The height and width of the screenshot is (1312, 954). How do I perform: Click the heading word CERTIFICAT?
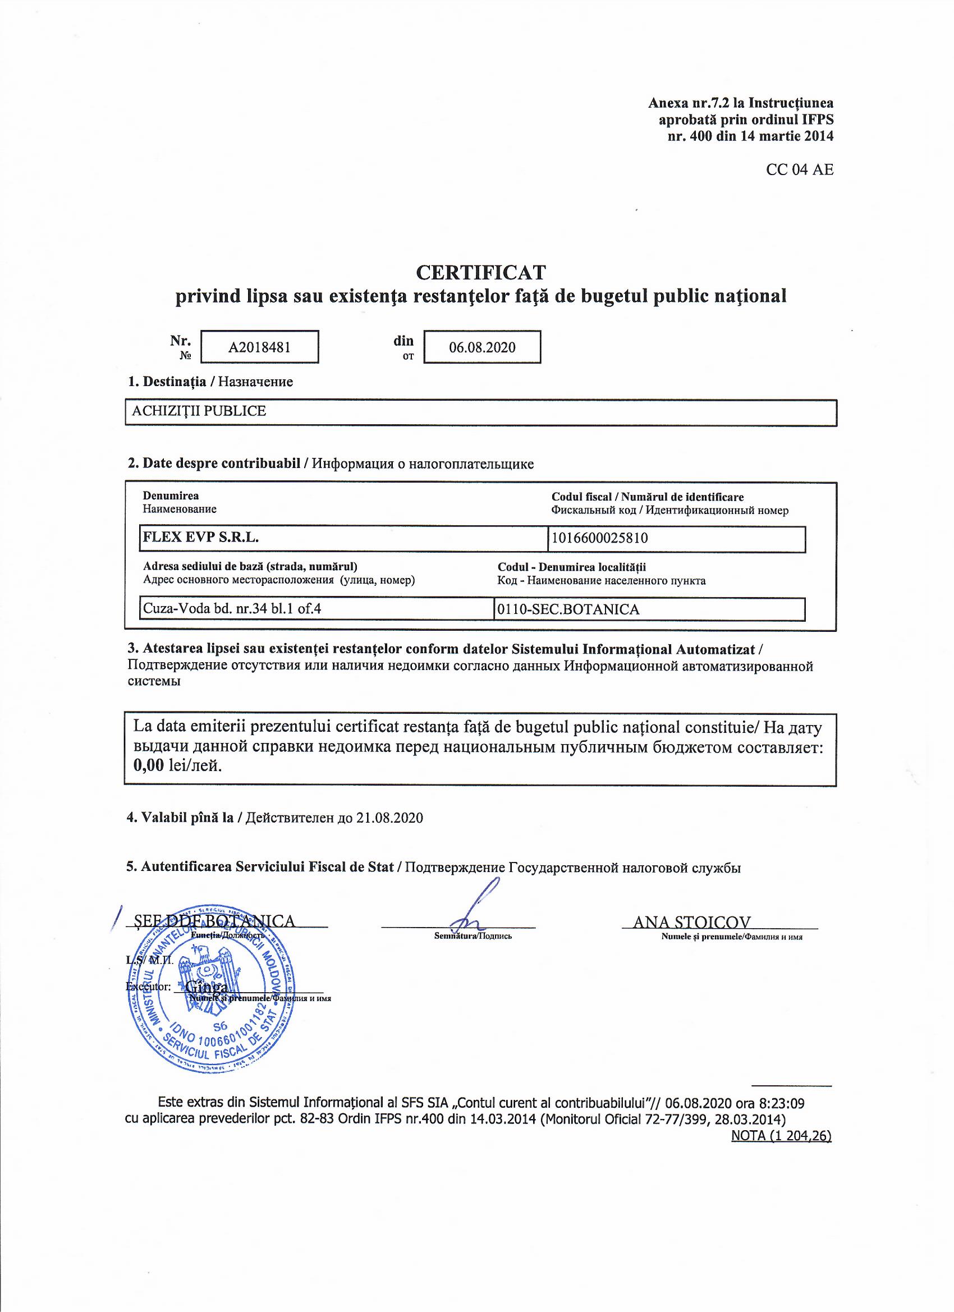pyautogui.click(x=481, y=272)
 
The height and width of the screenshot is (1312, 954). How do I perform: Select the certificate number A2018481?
pyautogui.click(x=259, y=347)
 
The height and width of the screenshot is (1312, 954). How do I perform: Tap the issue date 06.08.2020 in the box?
pyautogui.click(x=482, y=347)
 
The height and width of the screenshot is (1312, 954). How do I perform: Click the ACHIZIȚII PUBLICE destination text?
pyautogui.click(x=199, y=411)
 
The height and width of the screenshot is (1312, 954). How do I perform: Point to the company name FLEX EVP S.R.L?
pyautogui.click(x=201, y=538)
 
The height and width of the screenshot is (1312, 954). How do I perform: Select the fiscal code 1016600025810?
pyautogui.click(x=600, y=538)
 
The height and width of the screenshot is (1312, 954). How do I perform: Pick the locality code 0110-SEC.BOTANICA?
pyautogui.click(x=568, y=609)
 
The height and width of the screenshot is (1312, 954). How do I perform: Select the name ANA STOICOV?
pyautogui.click(x=692, y=921)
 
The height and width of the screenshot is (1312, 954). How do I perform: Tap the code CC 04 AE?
pyautogui.click(x=800, y=170)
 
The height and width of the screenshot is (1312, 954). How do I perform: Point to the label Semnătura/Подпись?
pyautogui.click(x=473, y=935)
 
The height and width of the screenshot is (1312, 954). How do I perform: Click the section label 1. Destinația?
pyautogui.click(x=167, y=382)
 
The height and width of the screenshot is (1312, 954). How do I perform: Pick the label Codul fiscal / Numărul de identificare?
pyautogui.click(x=648, y=497)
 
